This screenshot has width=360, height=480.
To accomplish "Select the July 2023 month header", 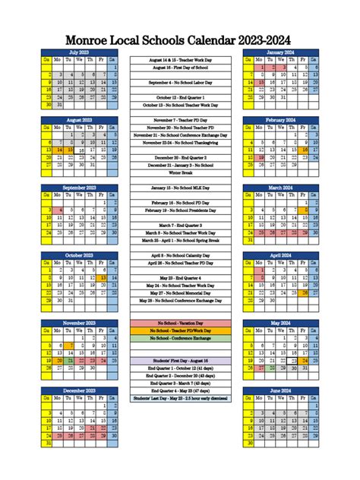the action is (x=79, y=51).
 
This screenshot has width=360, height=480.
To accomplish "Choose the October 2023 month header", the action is (x=79, y=255).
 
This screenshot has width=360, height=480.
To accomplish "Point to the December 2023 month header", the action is (x=79, y=390).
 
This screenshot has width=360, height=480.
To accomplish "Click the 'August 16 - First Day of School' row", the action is (x=180, y=67).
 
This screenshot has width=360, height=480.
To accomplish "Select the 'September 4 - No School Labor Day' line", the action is (x=180, y=82).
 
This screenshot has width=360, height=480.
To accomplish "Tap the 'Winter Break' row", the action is (x=180, y=172).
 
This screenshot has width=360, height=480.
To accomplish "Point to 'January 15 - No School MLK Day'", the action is (x=180, y=187).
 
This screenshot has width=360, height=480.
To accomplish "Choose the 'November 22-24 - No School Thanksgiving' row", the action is (x=180, y=142).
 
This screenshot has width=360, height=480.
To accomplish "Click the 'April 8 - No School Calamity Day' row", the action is (x=180, y=255).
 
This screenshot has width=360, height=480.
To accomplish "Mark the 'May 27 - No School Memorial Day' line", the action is (x=180, y=292).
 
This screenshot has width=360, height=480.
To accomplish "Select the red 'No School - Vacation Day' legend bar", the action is (x=180, y=323).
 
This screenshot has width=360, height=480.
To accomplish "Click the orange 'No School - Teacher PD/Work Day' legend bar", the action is (x=180, y=330).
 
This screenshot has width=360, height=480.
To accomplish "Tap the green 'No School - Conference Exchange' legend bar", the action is (x=180, y=338).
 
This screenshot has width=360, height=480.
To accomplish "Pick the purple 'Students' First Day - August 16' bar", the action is (x=180, y=360).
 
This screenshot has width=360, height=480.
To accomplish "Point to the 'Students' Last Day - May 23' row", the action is (x=180, y=397).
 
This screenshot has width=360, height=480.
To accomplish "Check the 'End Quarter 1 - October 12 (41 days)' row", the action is (x=180, y=368).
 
